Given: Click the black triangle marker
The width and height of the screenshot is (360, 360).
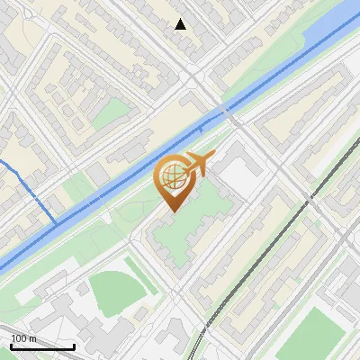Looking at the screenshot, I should pos(181,24).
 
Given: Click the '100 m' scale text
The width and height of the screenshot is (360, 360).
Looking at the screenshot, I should pos(23,338).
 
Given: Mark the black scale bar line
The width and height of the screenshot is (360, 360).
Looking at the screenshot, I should pos(42,346).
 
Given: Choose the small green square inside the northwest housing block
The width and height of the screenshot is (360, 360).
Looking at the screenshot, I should pos(112,112).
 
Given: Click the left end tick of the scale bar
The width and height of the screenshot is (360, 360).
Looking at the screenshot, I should pos(11,346).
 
